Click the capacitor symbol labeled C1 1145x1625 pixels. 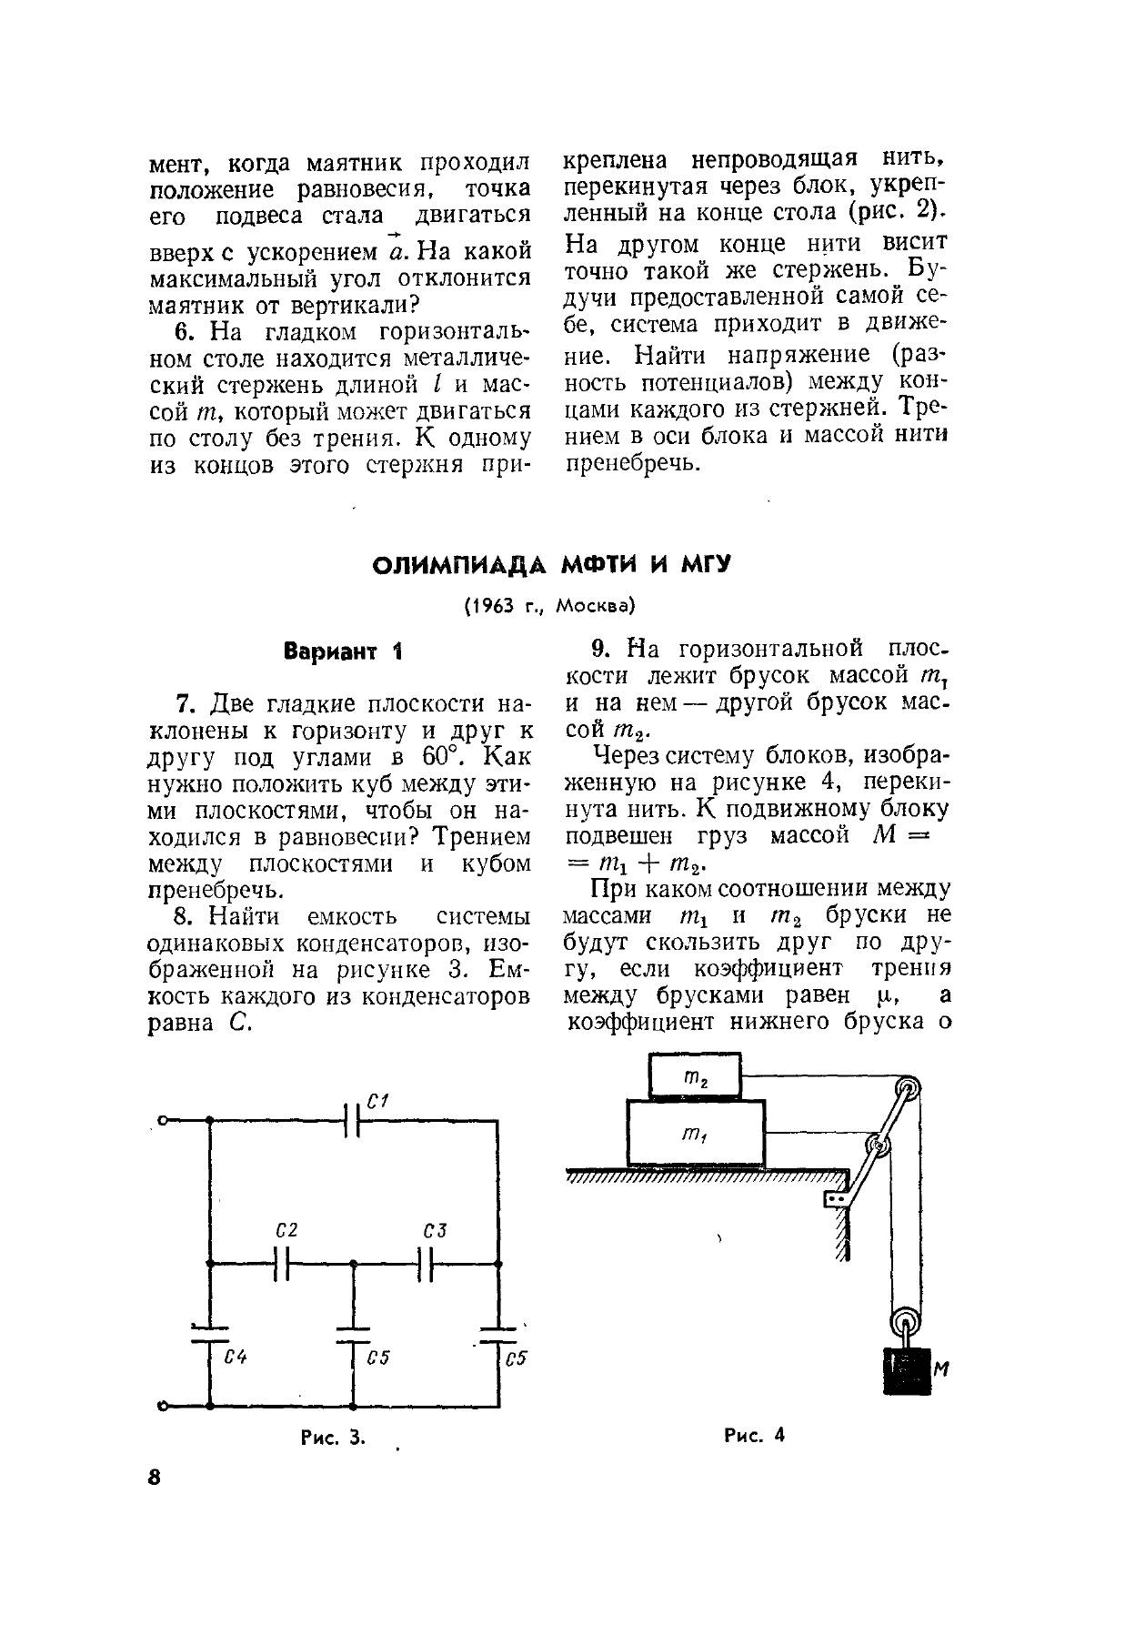click(354, 1121)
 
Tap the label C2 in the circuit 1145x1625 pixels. click(286, 1231)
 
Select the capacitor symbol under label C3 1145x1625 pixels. click(427, 1264)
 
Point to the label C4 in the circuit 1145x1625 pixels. click(236, 1357)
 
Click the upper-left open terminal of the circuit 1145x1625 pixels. click(162, 1121)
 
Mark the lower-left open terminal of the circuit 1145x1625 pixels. click(162, 1406)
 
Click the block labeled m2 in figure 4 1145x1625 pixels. click(695, 1077)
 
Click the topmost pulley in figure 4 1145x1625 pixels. click(907, 1087)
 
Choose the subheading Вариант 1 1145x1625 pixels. click(342, 651)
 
